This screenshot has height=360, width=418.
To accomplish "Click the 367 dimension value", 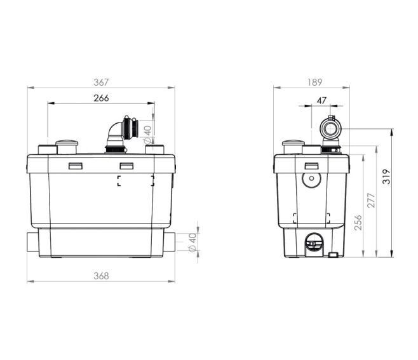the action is tap(101, 83).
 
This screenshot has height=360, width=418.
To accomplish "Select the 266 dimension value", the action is tap(101, 98).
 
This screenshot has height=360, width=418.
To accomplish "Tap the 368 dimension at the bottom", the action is tap(101, 276).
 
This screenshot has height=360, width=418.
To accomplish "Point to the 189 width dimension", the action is tap(314, 82).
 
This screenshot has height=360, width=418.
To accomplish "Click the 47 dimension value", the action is tap(321, 100).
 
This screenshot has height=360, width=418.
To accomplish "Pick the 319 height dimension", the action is tap(386, 177).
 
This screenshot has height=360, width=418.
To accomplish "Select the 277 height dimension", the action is tap(371, 201).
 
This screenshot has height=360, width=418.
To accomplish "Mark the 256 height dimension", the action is tap(359, 222).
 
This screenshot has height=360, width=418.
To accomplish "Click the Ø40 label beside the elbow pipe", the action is tap(147, 135).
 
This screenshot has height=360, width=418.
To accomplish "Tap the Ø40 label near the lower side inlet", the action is tap(192, 242).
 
